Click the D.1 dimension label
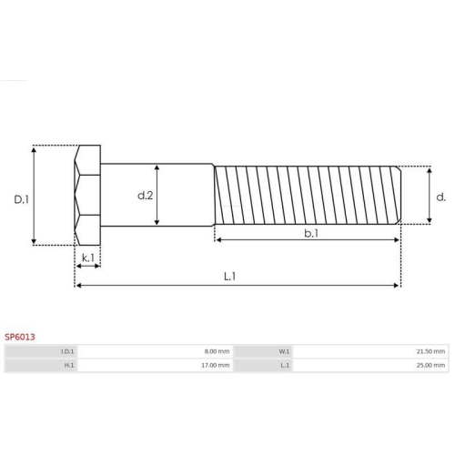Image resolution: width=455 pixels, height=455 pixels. pyautogui.click(x=21, y=199)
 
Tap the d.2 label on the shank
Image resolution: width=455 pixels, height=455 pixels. pyautogui.click(x=146, y=196)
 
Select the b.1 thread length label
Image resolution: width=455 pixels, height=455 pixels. pyautogui.click(x=311, y=233)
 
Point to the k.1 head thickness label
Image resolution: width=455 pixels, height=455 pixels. pyautogui.click(x=88, y=258)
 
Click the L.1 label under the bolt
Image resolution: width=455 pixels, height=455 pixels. pyautogui.click(x=229, y=277)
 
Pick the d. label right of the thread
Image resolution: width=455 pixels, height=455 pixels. pyautogui.click(x=440, y=197)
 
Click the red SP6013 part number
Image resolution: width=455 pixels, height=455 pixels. pyautogui.click(x=20, y=337)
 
